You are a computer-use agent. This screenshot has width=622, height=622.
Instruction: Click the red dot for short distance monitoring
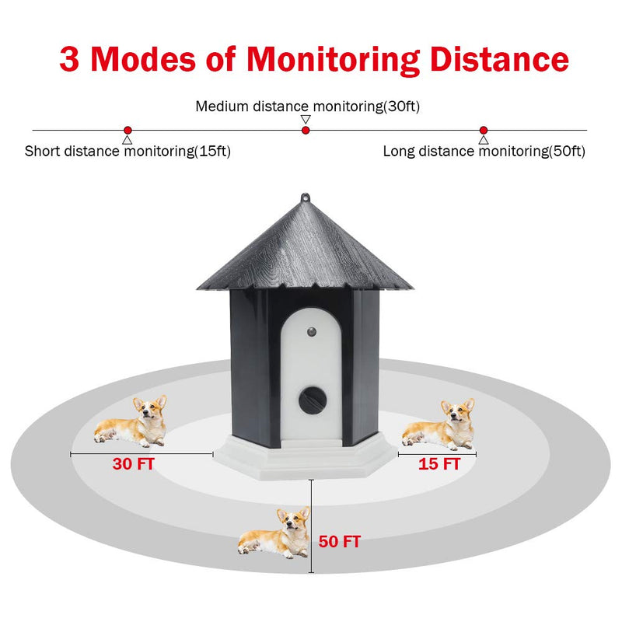[128, 130]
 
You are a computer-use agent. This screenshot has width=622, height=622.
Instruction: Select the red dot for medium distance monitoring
[306, 130]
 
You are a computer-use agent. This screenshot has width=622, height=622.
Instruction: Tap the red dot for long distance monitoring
[483, 130]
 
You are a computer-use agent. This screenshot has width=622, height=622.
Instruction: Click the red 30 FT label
[133, 463]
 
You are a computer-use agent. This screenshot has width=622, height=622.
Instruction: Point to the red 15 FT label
[439, 463]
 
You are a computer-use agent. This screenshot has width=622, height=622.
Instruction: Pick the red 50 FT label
[340, 541]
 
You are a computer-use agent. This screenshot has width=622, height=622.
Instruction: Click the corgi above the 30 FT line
[131, 421]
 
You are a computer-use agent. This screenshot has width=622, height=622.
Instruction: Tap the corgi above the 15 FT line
[439, 424]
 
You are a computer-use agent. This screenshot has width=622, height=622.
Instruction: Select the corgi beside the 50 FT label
[274, 533]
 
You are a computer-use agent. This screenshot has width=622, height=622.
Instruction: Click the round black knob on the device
[313, 400]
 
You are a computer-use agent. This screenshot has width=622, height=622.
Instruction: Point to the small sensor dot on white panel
[312, 331]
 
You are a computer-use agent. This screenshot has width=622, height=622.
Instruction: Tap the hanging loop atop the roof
[305, 198]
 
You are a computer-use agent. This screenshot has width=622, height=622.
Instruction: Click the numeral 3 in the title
[69, 59]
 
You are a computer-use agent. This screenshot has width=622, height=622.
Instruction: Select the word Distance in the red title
[500, 59]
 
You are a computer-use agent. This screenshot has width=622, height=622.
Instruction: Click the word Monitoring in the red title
[334, 61]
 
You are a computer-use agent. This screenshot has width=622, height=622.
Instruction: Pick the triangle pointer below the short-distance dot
[127, 140]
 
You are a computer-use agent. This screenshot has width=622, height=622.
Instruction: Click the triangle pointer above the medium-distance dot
[306, 120]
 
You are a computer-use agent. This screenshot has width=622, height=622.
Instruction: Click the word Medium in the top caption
[222, 107]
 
